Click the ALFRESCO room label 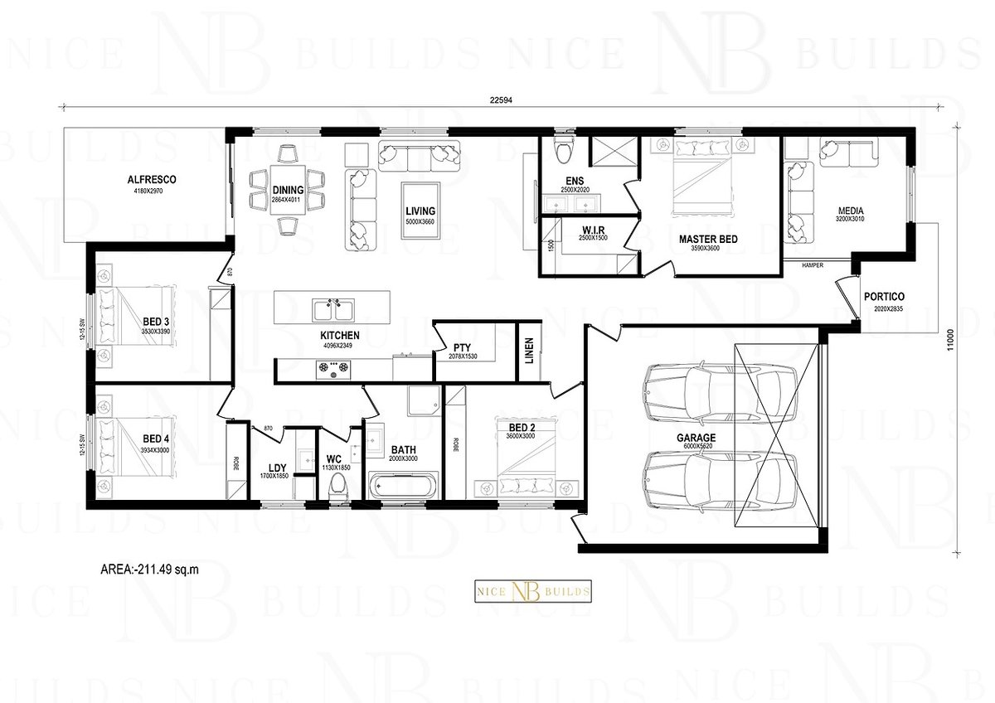coord(151,179)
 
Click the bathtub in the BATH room coord(400,485)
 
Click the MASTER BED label coord(707,240)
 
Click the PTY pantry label coord(462,347)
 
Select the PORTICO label coord(883,296)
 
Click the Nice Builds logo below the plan coord(532,590)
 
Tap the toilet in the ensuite coord(565,151)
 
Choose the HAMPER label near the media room coord(813,265)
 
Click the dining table coord(288,191)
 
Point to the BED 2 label coord(522,427)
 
